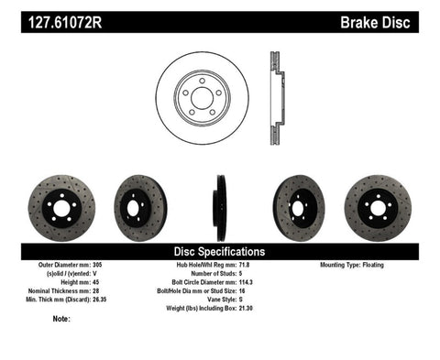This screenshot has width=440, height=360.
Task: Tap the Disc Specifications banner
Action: (220, 251)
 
